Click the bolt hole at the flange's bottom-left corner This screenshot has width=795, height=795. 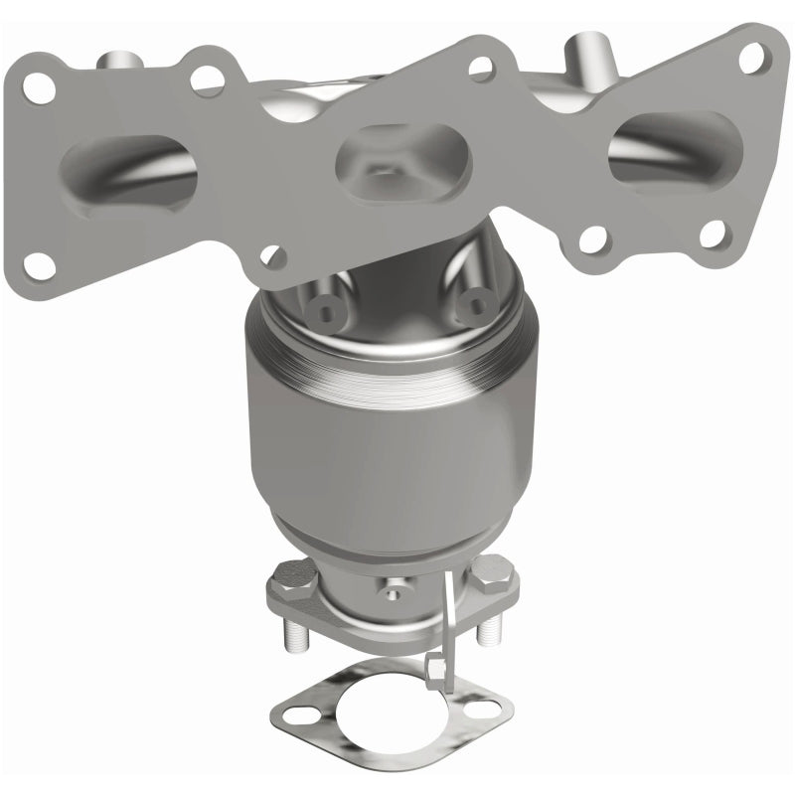point(39,263)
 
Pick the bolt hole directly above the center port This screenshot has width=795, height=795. point(480,68)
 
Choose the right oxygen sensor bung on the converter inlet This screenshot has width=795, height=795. point(477,305)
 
